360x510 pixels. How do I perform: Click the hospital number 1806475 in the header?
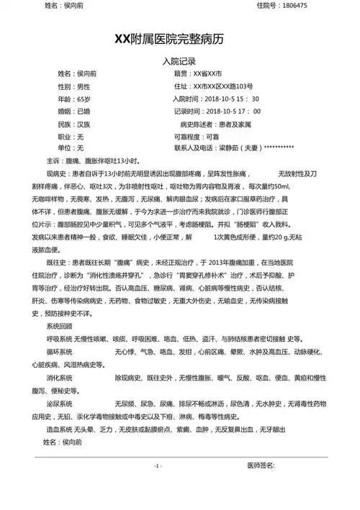[x=293, y=6]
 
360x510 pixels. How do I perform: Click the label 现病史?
[x=57, y=173]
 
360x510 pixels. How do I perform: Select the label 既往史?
[x=57, y=264]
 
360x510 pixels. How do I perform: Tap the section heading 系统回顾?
[x=59, y=326]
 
